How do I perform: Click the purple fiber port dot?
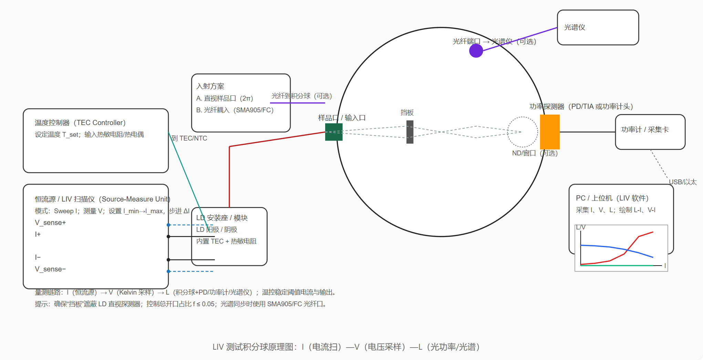pyautogui.click(x=476, y=51)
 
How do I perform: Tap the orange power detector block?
pyautogui.click(x=549, y=132)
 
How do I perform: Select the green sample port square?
pyautogui.click(x=333, y=132)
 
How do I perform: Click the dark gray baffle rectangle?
pyautogui.click(x=410, y=132)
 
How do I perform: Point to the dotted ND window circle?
pyautogui.click(x=522, y=132)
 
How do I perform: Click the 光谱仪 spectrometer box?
pyautogui.click(x=598, y=28)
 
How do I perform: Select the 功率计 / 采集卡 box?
pyautogui.click(x=650, y=132)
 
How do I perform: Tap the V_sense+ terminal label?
pyautogui.click(x=50, y=223)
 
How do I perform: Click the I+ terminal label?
pyautogui.click(x=38, y=234)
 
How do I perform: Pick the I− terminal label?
pyautogui.click(x=38, y=257)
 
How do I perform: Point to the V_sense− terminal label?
pyautogui.click(x=50, y=269)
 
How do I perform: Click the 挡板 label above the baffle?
pyautogui.click(x=407, y=113)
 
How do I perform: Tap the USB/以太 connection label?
pyautogui.click(x=682, y=182)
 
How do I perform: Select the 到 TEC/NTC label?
pyautogui.click(x=189, y=138)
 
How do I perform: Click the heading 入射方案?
pyautogui.click(x=210, y=86)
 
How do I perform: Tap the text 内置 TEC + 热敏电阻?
pyautogui.click(x=226, y=241)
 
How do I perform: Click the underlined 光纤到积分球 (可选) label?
pyautogui.click(x=301, y=96)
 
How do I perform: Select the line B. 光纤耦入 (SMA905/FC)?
pyautogui.click(x=235, y=110)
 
